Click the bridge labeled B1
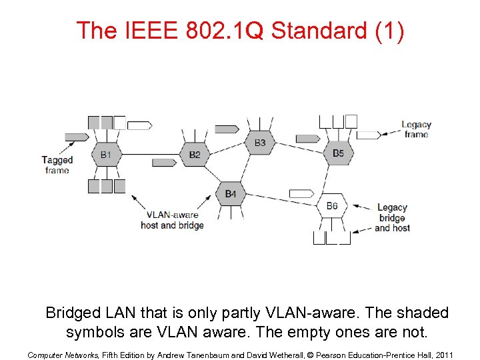(x=106, y=155)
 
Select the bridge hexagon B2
(x=194, y=155)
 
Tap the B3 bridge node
(x=259, y=143)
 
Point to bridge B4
(x=230, y=193)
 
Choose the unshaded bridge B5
(x=338, y=153)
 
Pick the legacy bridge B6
(x=332, y=206)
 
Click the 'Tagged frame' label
(x=57, y=165)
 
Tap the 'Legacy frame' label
(x=416, y=129)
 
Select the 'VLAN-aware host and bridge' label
(x=172, y=220)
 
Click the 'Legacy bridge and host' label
(x=392, y=218)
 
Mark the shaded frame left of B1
(x=77, y=137)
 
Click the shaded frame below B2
(x=164, y=162)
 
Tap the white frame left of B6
(x=301, y=193)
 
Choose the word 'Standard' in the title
(x=318, y=31)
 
